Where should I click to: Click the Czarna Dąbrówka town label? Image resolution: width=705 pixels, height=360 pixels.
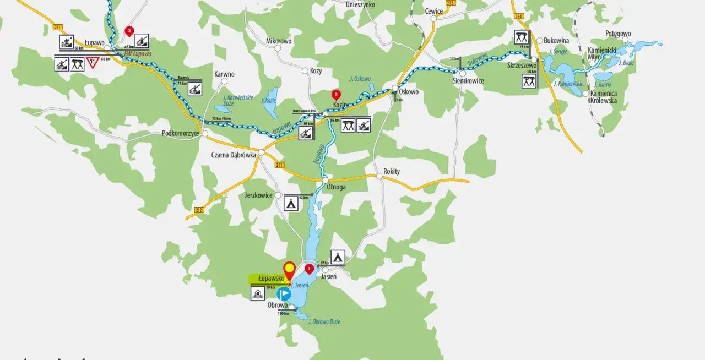click(234, 155)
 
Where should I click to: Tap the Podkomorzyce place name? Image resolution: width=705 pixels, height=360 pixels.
click(180, 133)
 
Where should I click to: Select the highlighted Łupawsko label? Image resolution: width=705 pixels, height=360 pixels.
click(267, 279)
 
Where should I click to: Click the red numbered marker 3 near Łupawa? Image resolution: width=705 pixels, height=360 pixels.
click(129, 31)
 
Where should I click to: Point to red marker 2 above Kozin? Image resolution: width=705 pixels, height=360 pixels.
click(336, 95)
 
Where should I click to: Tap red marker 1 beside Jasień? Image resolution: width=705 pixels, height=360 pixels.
click(309, 269)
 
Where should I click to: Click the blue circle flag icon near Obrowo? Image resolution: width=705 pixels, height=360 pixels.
click(284, 294)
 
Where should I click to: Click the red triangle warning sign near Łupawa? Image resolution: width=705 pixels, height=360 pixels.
click(92, 63)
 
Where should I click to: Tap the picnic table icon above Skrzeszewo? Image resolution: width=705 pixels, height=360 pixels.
click(522, 37)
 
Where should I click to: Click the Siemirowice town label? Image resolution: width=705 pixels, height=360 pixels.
click(468, 81)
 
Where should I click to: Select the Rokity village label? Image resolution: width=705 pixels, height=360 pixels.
click(391, 171)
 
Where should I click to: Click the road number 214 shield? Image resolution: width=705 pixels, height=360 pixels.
click(518, 17)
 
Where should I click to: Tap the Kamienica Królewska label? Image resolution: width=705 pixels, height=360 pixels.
click(603, 97)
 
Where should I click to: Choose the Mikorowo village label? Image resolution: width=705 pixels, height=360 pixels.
click(279, 41)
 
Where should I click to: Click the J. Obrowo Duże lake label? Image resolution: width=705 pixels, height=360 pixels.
click(326, 322)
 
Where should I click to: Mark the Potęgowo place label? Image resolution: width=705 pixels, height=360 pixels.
click(618, 34)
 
